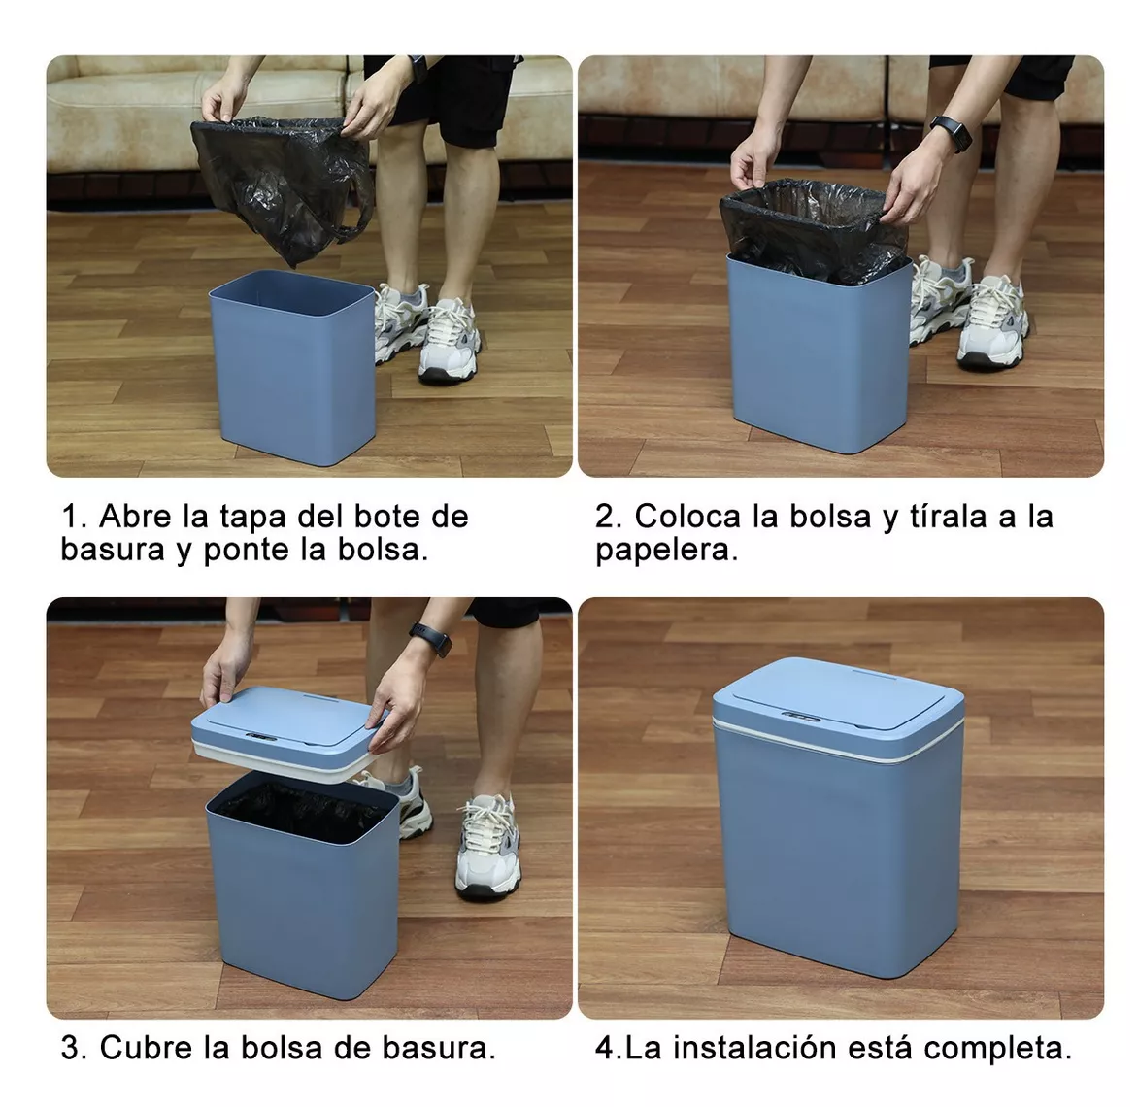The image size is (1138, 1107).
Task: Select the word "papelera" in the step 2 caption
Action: pyautogui.click(x=664, y=551)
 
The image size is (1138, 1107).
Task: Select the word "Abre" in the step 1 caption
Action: pyautogui.click(x=134, y=517)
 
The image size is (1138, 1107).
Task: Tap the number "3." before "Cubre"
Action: pyautogui.click(x=74, y=1048)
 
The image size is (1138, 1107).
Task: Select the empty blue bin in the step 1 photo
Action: pyautogui.click(x=291, y=369)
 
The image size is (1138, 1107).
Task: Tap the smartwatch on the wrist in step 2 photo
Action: pyautogui.click(x=951, y=133)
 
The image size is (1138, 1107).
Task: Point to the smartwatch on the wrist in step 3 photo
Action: pyautogui.click(x=431, y=640)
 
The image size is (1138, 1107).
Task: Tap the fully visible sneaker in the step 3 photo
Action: pyautogui.click(x=488, y=845)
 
